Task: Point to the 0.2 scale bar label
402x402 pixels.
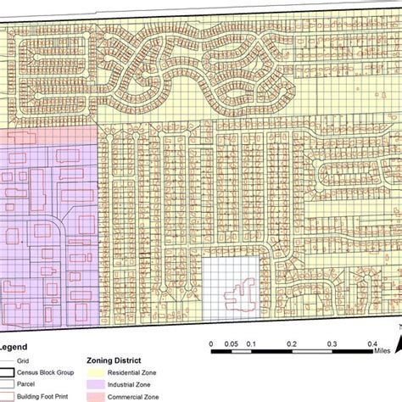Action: click(x=290, y=343)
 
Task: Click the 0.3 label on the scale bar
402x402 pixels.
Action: click(x=331, y=343)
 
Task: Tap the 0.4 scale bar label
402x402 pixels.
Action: click(x=371, y=343)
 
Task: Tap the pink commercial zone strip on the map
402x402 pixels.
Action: click(x=47, y=136)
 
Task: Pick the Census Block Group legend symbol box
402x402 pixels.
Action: click(x=10, y=373)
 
